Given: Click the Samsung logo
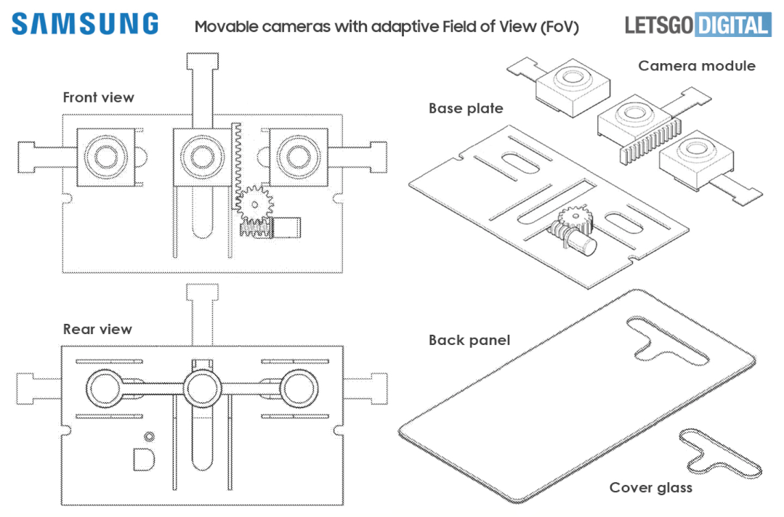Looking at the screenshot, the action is pos(85,24).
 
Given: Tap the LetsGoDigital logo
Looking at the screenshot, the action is pos(698,25).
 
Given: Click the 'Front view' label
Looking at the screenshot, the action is pos(99,97).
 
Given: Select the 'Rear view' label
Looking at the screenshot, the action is pos(97,329).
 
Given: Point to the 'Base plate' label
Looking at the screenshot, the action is pos(466,108).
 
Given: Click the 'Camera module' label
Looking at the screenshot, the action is pos(697,66).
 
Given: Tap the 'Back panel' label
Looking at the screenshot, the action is pos(469,340).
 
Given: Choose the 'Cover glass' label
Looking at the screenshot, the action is pos(650,487).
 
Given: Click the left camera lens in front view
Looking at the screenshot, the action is pos(106,157).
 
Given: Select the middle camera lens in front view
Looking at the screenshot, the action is pos(203,157).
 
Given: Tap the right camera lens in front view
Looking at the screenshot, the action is pos(299,157).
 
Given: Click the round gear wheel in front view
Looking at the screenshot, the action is pos(254,204).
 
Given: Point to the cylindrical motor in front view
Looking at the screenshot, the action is pos(286,227).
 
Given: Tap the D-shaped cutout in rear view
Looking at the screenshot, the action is pos(143,460).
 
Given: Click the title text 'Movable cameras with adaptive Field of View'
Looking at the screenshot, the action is pos(387,26).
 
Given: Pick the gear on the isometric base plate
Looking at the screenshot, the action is pos(575,219).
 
